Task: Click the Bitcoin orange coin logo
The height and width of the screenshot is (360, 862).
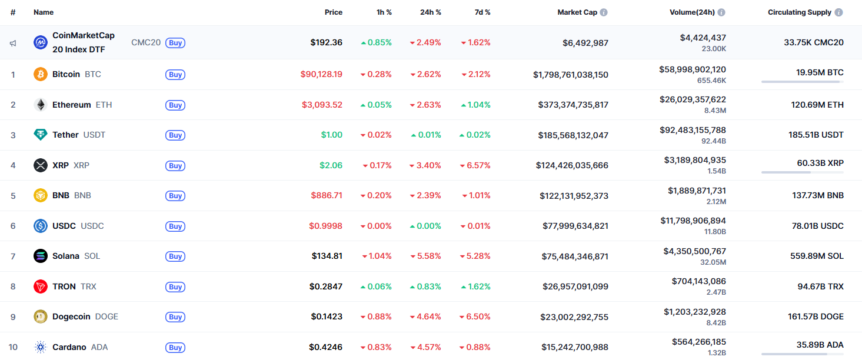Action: [40, 75]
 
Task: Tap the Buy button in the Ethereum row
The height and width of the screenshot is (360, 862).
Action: [175, 105]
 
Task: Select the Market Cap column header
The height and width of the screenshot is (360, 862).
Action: [577, 12]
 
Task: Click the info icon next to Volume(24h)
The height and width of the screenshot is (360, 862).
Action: [721, 12]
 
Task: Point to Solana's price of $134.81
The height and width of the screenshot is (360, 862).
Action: [327, 256]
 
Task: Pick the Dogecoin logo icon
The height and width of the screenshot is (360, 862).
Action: [40, 316]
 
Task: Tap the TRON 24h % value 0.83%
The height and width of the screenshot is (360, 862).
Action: [426, 286]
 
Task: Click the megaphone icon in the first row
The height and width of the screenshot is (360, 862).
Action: [13, 43]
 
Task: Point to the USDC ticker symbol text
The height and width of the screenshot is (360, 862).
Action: [92, 226]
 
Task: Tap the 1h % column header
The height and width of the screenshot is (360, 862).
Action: [384, 12]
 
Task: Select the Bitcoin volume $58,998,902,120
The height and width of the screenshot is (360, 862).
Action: [693, 69]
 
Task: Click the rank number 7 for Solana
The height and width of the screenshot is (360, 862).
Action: [13, 256]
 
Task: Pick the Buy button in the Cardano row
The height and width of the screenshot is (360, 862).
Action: [175, 347]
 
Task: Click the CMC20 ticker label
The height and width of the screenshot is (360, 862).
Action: [146, 42]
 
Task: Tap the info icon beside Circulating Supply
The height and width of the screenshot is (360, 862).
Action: [838, 12]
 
